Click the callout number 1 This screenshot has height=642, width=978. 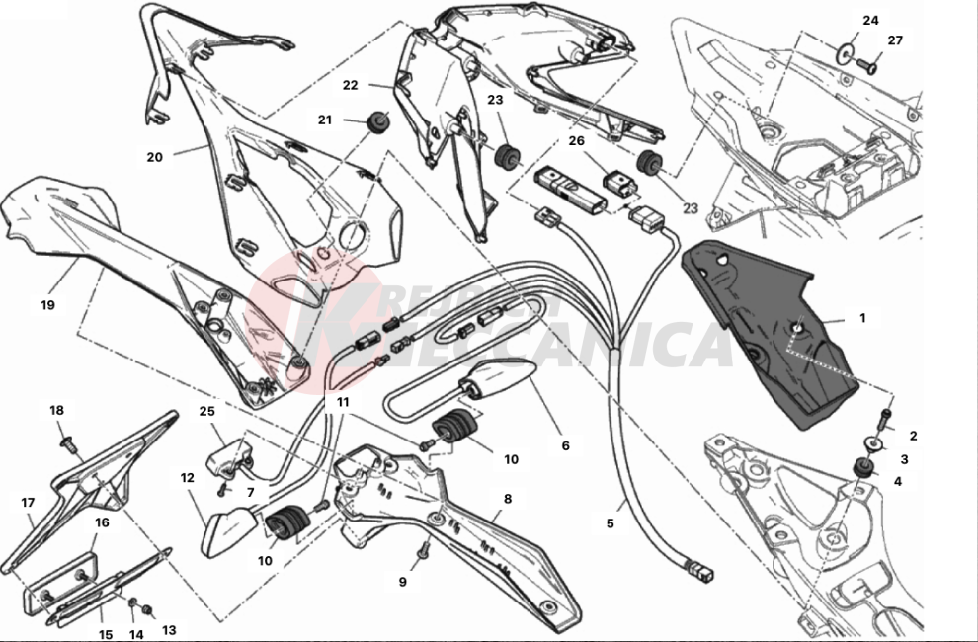click(861, 318)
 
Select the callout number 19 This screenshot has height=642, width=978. click(47, 305)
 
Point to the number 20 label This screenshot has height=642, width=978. click(154, 157)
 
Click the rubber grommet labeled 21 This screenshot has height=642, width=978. click(378, 122)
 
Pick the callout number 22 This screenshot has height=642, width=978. click(350, 85)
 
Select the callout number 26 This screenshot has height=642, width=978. click(577, 140)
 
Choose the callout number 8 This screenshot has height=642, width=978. click(508, 499)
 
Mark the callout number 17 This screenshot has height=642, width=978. click(28, 502)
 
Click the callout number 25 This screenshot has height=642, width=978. click(206, 411)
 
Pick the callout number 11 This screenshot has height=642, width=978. click(343, 402)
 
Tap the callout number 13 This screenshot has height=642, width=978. click(168, 629)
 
